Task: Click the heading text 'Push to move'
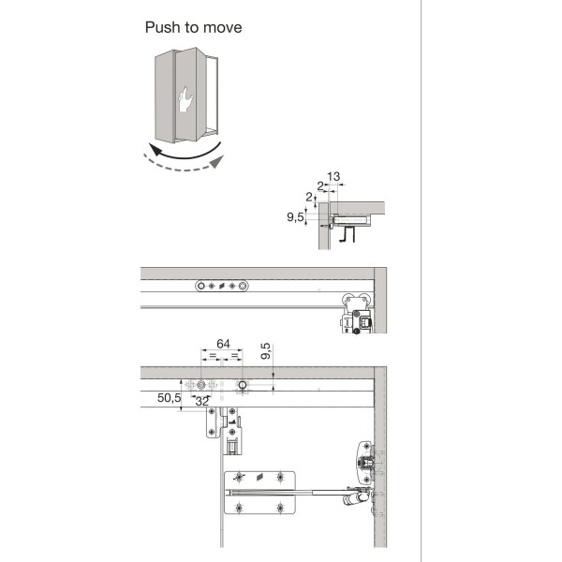pyautogui.click(x=193, y=27)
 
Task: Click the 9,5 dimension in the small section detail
pyautogui.click(x=297, y=217)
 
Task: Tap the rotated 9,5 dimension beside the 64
pyautogui.click(x=267, y=353)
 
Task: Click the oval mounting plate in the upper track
pyautogui.click(x=222, y=286)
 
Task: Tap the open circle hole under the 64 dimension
pyautogui.click(x=242, y=385)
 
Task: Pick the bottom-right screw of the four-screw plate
pyautogui.click(x=281, y=509)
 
